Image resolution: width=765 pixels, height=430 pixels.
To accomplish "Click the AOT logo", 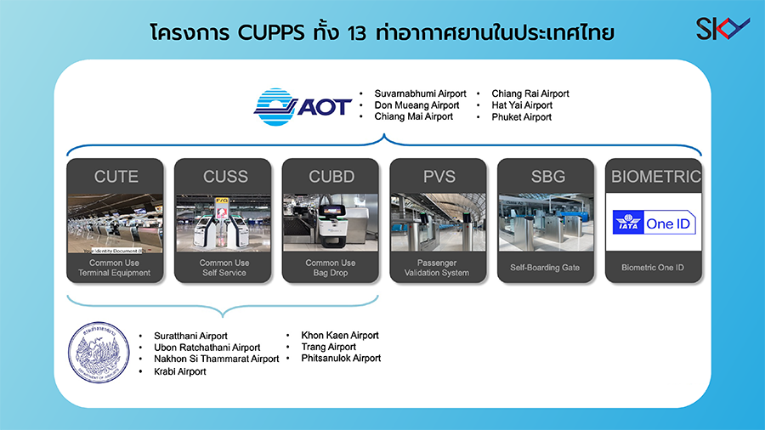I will coord(303,106).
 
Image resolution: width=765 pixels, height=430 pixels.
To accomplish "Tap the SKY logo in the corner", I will coord(722,28).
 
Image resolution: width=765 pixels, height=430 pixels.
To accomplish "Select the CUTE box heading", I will coord(116,177).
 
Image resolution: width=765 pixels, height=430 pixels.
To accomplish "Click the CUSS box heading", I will coord(225,177).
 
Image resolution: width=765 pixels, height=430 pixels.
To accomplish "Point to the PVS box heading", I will coord(439,177).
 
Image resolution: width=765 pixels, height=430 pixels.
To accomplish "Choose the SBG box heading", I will coord(547,177).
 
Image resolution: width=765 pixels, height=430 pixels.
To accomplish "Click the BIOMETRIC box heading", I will coord(654,177).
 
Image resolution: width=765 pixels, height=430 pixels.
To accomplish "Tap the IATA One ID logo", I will coord(654,223).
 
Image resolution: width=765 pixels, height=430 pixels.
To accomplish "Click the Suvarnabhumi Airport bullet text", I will coord(420,93).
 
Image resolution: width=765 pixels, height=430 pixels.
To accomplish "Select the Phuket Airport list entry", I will coord(521,117).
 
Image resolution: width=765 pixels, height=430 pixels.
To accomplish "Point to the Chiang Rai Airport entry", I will coord(530,93).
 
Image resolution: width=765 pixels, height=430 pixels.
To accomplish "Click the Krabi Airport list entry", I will coord(179,371).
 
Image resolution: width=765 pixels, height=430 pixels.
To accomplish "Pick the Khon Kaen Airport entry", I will coord(340,335).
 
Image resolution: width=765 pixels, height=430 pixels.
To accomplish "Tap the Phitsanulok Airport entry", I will coord(341,359).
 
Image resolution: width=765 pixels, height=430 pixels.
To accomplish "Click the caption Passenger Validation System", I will coord(438,268).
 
